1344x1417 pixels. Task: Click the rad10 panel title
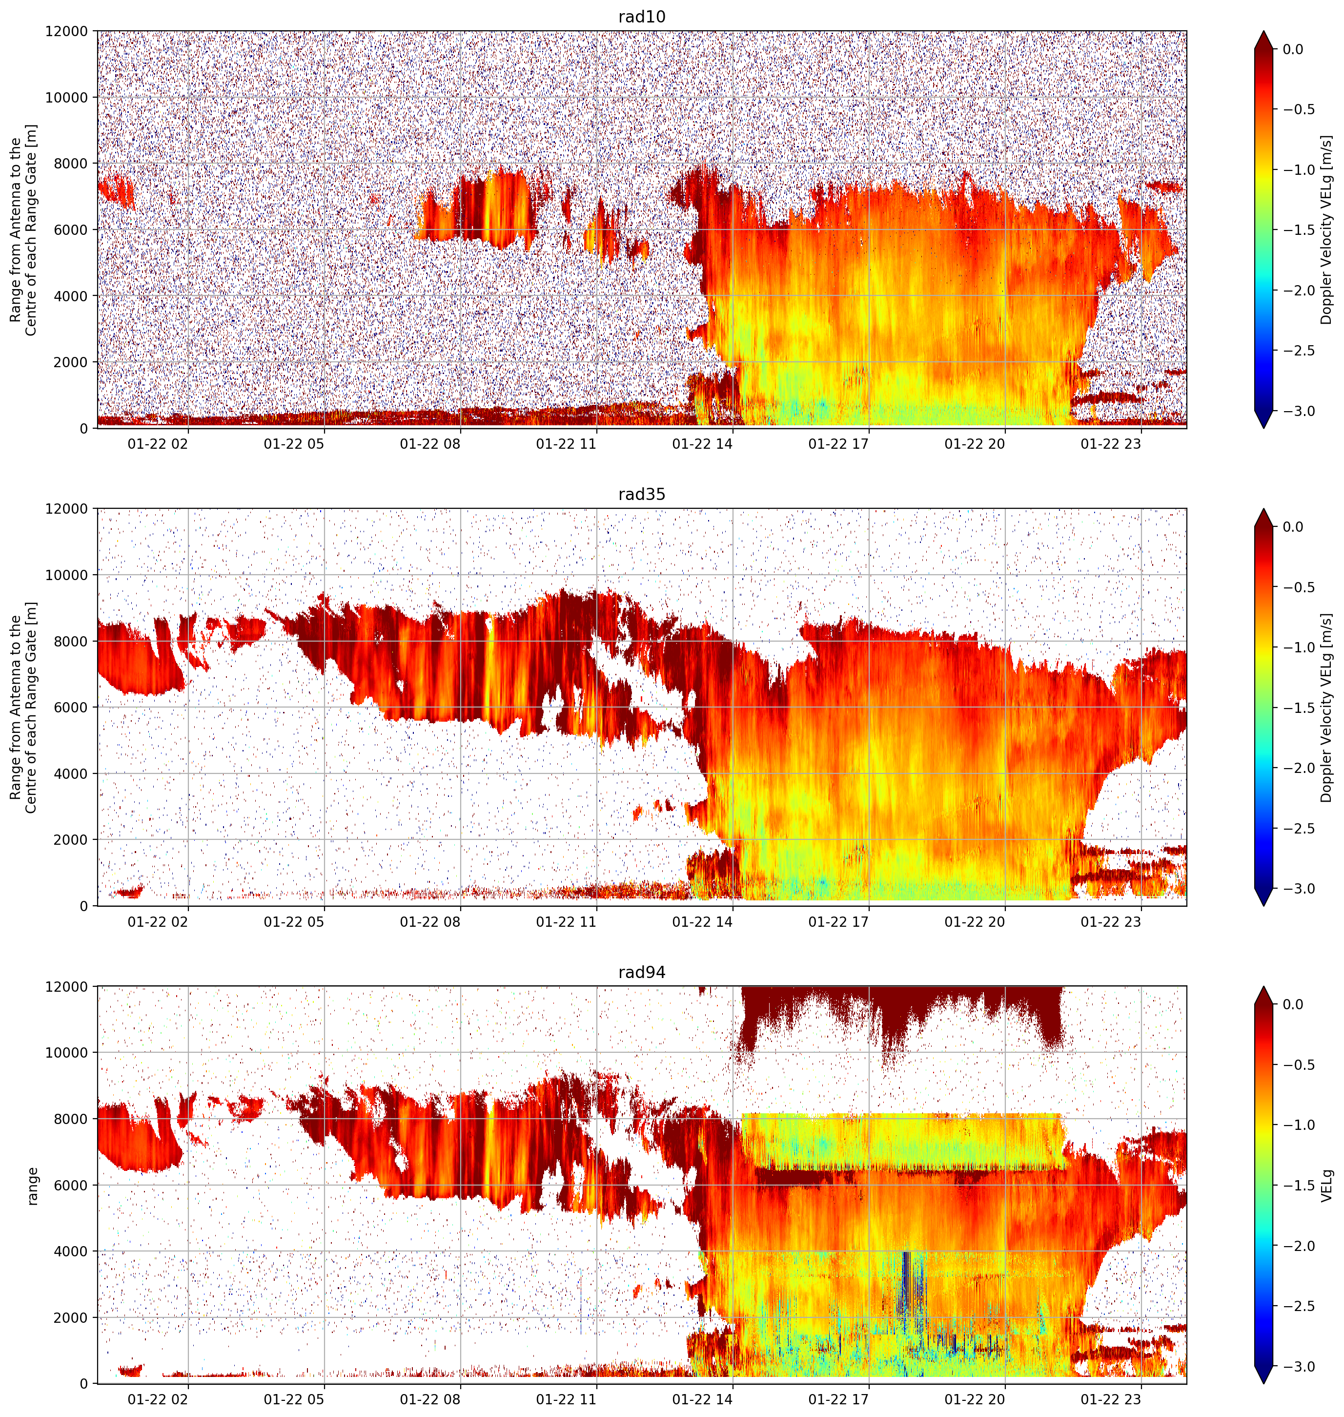click(641, 17)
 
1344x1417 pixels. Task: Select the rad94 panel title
click(641, 972)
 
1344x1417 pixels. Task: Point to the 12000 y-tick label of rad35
click(67, 509)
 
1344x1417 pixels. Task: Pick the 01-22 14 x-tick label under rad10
click(702, 444)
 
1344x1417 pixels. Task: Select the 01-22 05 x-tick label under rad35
click(294, 922)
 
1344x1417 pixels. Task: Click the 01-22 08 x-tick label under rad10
click(430, 444)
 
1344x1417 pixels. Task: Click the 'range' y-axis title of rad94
click(32, 1186)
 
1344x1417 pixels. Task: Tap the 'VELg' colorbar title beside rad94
click(1327, 1186)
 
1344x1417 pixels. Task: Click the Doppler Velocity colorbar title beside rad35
click(1327, 708)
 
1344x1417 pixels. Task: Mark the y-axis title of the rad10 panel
click(23, 230)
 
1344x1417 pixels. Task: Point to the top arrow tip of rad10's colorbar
click(1264, 31)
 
